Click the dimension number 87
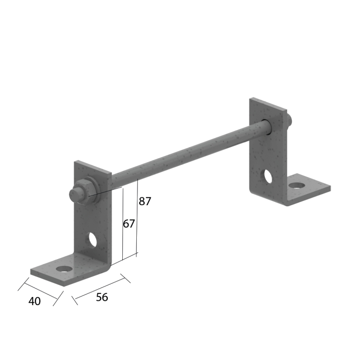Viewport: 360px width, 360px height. (145, 201)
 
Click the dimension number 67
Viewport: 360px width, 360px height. (129, 224)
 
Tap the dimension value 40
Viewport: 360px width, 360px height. (34, 301)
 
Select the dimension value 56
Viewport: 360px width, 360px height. (102, 297)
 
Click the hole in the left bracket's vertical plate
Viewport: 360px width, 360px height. (93, 240)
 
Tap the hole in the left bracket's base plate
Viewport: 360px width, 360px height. (64, 269)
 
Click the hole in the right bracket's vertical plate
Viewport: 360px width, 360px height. (268, 176)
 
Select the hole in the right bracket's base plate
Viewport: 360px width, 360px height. (297, 185)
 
